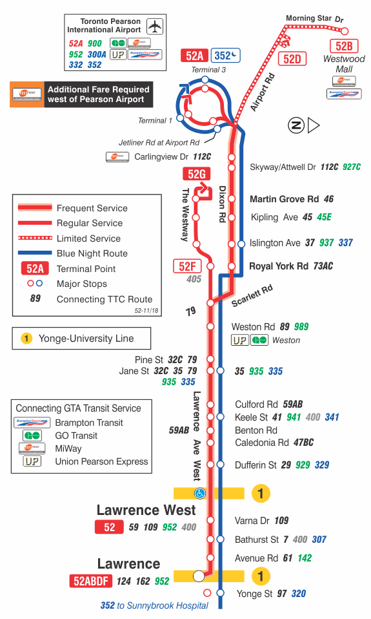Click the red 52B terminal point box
[344, 46]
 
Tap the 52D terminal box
[292, 59]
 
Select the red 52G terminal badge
[197, 174]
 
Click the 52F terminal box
[187, 266]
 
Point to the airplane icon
[154, 26]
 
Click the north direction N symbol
[296, 125]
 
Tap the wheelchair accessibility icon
[200, 494]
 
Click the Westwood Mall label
[344, 64]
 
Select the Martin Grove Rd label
[284, 200]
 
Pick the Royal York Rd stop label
[279, 266]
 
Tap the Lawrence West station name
[146, 510]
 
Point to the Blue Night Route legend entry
[92, 253]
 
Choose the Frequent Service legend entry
[92, 208]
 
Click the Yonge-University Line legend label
[86, 338]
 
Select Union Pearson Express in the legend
[101, 461]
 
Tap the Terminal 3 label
[208, 70]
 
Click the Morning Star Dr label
[315, 19]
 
